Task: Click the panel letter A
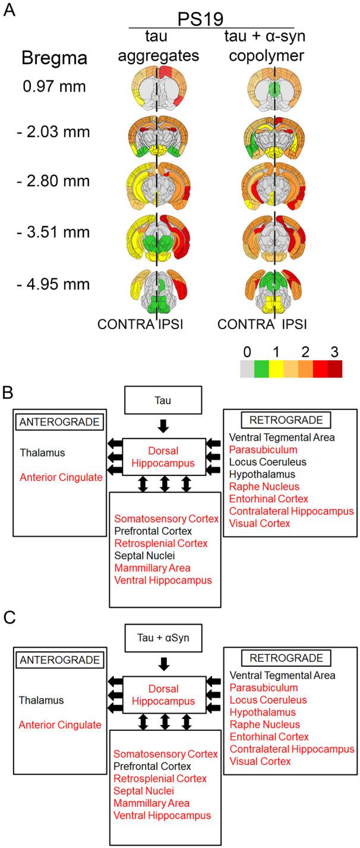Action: coord(10,10)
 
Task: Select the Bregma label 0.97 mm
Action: coord(53,87)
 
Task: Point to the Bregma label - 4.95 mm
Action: coord(53,284)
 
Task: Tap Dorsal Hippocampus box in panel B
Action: coord(163,456)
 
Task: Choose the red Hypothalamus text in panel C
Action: coord(257,711)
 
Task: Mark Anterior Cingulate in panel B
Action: coord(56,477)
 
